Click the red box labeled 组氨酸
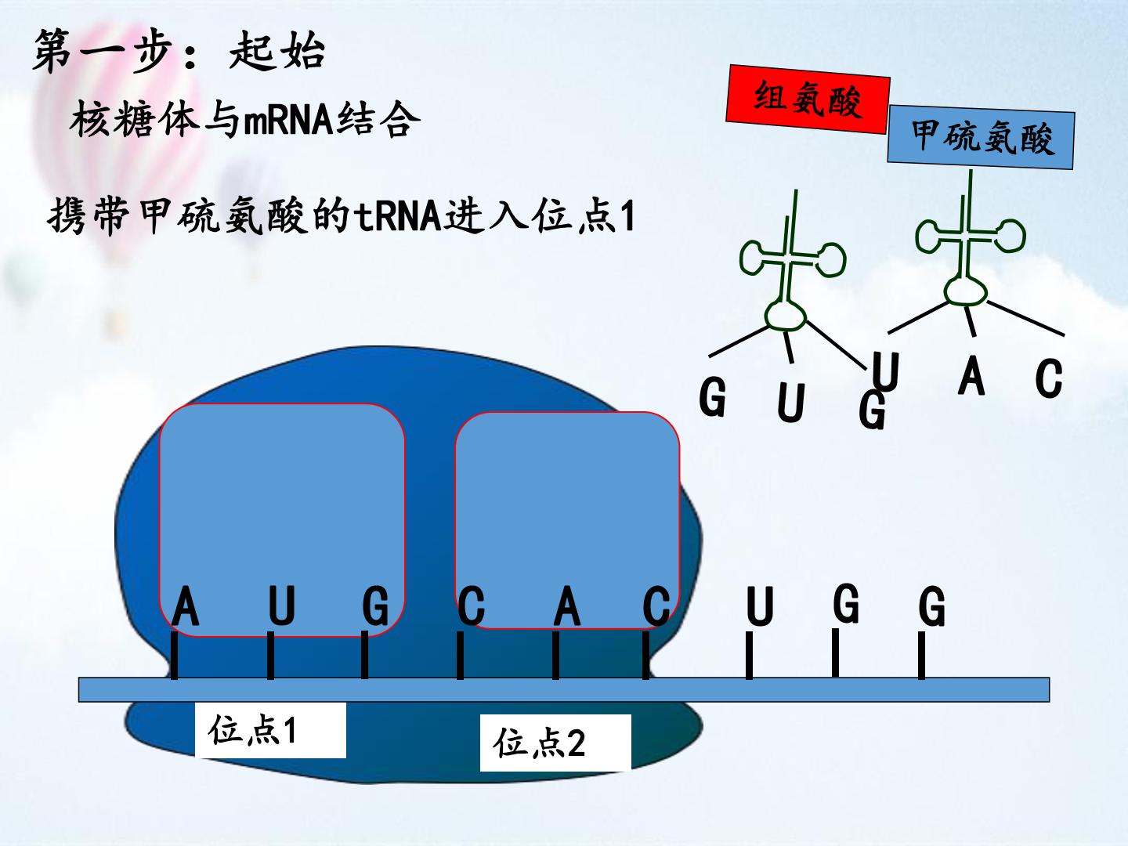(808, 99)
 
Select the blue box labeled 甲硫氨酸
(981, 137)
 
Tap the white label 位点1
(270, 730)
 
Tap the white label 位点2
(555, 743)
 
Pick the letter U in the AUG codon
(282, 606)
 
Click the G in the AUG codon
(375, 606)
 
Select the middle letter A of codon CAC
(567, 606)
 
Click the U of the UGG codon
(760, 606)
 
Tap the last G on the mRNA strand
(931, 606)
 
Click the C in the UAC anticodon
(1049, 378)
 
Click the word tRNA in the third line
(397, 215)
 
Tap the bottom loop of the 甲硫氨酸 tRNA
(966, 291)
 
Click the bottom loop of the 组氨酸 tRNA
(786, 315)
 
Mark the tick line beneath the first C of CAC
(460, 655)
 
